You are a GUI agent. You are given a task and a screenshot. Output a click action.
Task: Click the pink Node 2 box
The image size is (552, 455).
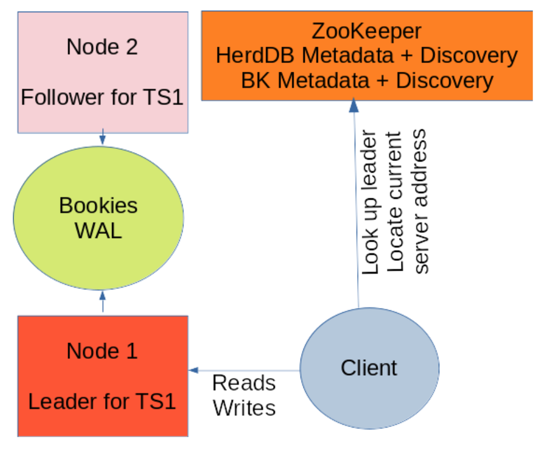(103, 71)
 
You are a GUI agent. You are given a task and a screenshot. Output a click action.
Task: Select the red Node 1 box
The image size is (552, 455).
(103, 376)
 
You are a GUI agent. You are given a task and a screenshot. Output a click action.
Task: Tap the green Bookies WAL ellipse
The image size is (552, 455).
(98, 217)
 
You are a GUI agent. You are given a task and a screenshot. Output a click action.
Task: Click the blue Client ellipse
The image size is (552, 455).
(369, 368)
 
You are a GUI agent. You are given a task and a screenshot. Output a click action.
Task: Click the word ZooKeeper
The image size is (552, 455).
(366, 30)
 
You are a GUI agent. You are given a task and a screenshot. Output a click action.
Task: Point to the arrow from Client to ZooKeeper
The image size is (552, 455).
(355, 204)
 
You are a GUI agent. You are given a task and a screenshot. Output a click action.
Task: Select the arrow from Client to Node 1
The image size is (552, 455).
(245, 370)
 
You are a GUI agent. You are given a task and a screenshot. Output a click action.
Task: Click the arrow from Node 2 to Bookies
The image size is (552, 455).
(103, 138)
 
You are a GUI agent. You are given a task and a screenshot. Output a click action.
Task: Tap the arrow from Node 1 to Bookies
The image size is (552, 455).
(103, 302)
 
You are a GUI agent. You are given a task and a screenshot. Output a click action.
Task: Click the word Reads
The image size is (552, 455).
(244, 383)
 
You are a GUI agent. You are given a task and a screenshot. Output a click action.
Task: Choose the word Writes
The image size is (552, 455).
(244, 408)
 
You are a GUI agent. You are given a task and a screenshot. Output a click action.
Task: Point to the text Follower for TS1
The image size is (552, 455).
(103, 97)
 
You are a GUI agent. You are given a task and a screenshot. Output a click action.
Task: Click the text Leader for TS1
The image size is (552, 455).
(103, 402)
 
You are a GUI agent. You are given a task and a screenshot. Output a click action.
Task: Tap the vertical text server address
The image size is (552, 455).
(420, 201)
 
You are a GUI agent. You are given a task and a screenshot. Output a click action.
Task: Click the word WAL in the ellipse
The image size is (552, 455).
(98, 231)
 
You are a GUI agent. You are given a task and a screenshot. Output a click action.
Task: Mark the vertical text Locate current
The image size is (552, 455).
(395, 202)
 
